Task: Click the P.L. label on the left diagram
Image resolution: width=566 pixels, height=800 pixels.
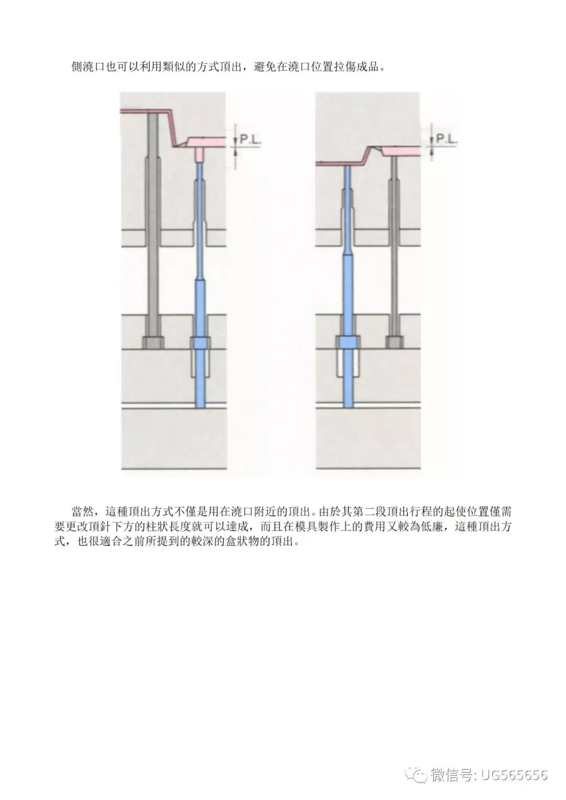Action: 250,139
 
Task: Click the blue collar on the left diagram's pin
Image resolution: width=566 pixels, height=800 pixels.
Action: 200,343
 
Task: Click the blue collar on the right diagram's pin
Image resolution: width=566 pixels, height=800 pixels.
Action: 348,343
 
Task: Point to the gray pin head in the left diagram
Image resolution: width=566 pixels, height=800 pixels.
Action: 153,343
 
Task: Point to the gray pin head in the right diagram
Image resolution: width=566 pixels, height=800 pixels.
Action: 394,343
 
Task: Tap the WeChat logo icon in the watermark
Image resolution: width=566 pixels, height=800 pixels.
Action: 417,774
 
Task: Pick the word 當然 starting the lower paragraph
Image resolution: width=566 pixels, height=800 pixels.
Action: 83,511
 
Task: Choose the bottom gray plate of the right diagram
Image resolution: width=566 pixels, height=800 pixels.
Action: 368,438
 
